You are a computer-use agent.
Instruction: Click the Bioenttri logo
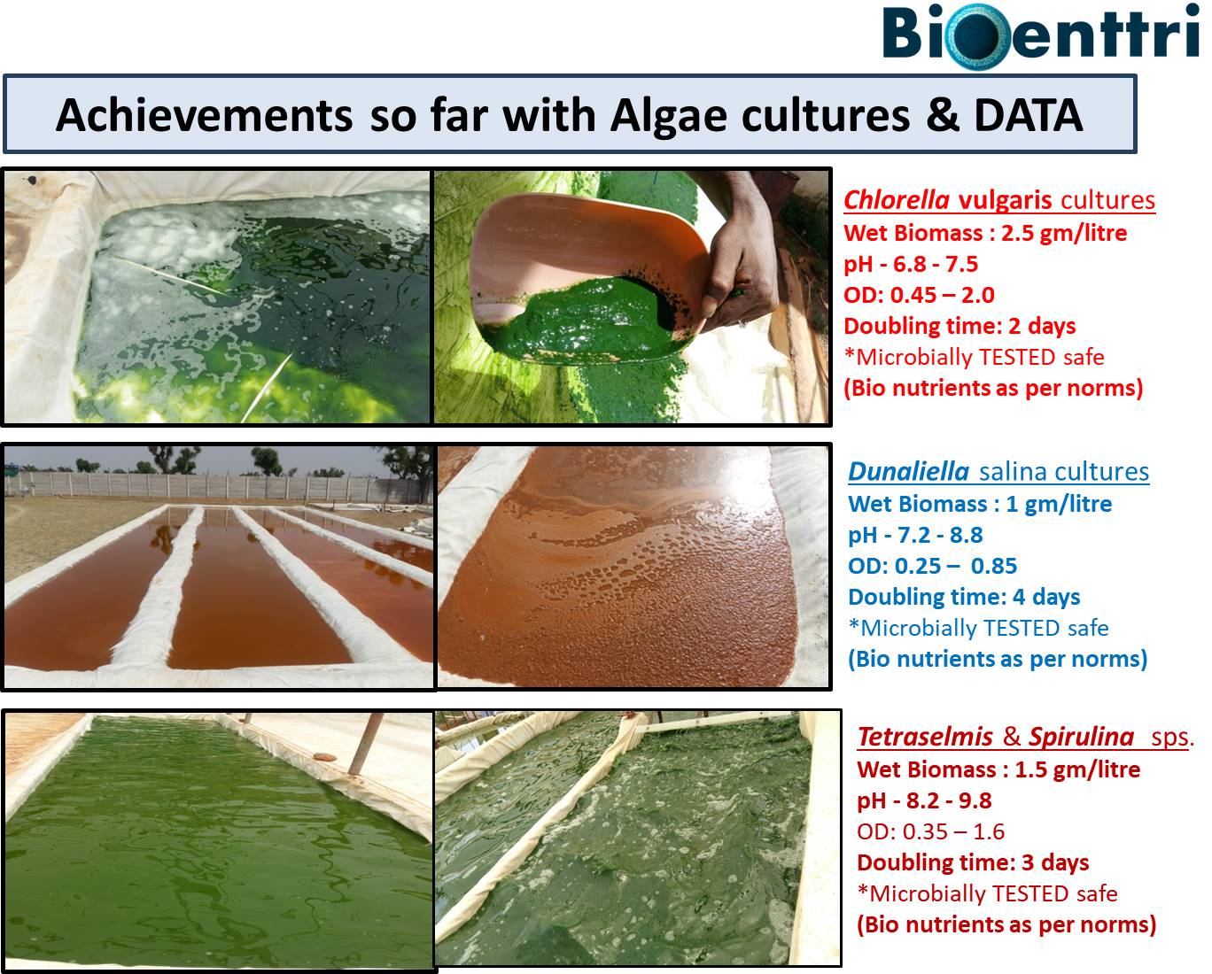coord(1041,35)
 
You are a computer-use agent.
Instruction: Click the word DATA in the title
coord(1029,115)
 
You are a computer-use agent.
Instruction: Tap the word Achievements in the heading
coord(204,115)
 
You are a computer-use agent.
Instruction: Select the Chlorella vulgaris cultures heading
coord(999,200)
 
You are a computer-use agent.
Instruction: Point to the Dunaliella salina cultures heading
coord(998,472)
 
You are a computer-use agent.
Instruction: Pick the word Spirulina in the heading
coord(1082,737)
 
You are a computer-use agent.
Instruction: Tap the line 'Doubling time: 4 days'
coord(964,598)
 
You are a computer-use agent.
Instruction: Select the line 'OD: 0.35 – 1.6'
coord(930,831)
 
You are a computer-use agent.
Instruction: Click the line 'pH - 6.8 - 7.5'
coord(911,264)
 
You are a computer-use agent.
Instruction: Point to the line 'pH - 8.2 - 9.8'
coord(924,800)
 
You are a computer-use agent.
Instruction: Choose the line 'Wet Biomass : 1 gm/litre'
coord(980,504)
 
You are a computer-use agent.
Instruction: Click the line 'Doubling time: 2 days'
coord(959,327)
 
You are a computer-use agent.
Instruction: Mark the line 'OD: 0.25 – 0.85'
coord(933,566)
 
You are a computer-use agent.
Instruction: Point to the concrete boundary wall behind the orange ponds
coord(214,486)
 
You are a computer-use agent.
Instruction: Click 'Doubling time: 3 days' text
coord(973,863)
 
